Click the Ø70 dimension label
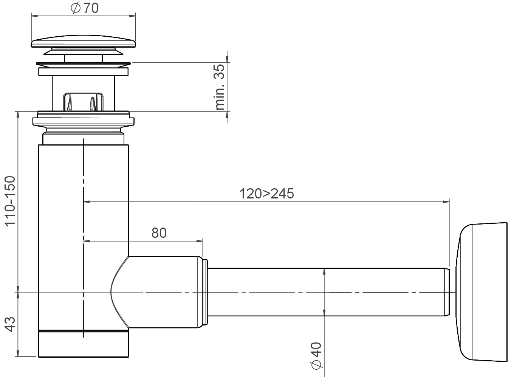tap(85, 8)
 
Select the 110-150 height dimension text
tap(10, 201)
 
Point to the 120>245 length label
tap(266, 194)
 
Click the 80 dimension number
tap(159, 233)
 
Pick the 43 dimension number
tap(10, 324)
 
